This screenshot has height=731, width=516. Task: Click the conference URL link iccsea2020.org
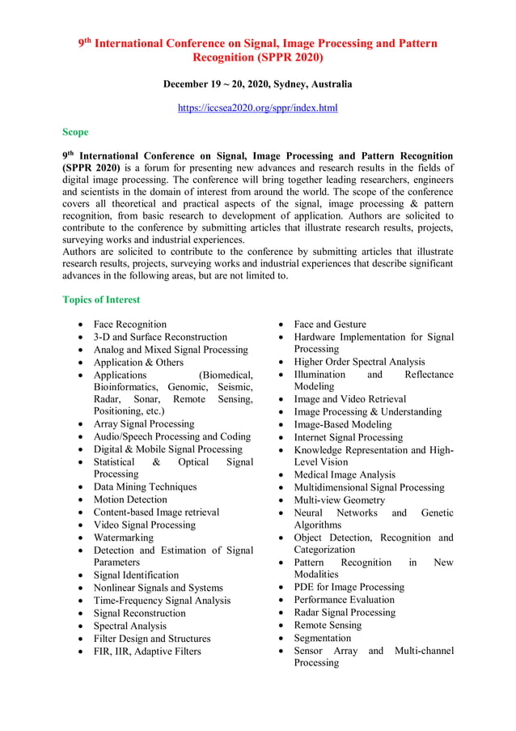point(257,108)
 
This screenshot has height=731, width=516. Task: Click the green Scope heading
point(75,132)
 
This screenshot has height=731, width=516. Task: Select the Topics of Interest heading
point(101,300)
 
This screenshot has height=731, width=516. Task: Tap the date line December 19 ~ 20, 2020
point(257,84)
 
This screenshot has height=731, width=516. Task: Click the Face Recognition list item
point(129,324)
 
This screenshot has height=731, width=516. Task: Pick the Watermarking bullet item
point(123,538)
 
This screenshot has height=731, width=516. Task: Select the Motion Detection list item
point(130,499)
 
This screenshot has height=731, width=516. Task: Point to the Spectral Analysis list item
point(129,626)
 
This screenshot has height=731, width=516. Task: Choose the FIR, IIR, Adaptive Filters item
point(147,651)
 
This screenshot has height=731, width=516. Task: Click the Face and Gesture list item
point(330,324)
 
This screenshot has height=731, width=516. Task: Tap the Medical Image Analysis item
point(345,474)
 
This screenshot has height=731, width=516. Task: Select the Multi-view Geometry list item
point(340,500)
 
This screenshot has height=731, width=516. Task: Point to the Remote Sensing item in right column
point(328,625)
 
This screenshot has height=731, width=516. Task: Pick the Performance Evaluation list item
point(345,600)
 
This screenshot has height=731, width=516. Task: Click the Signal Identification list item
point(136,575)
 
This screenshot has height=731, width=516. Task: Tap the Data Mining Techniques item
point(145,487)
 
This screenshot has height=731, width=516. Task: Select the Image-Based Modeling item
point(343,424)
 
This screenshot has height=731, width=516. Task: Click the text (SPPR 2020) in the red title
point(257,57)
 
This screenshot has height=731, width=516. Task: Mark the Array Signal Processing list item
point(144,423)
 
